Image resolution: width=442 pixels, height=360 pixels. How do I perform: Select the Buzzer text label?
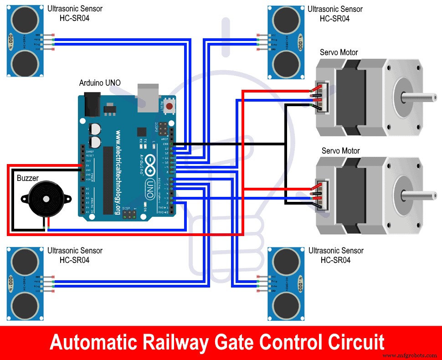click(28, 178)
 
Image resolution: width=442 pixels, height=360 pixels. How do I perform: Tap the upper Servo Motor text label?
click(339, 52)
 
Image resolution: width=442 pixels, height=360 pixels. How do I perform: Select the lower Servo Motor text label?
click(340, 151)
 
